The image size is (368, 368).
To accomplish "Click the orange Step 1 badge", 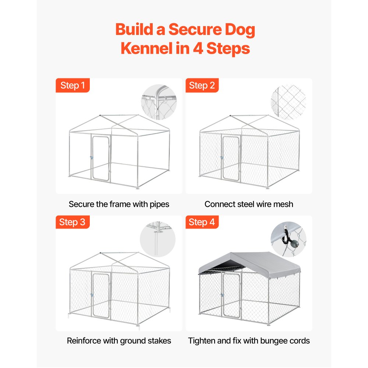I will click(x=72, y=85).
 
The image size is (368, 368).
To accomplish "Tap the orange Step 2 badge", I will click(x=202, y=85).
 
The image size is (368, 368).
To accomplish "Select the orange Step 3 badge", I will click(x=72, y=222).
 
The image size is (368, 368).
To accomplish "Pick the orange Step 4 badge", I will click(x=202, y=222).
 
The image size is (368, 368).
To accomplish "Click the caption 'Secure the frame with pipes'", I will click(x=119, y=204).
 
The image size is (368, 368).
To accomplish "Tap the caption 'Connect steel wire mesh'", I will click(x=249, y=204).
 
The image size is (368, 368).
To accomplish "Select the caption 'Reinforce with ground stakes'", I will click(x=119, y=341).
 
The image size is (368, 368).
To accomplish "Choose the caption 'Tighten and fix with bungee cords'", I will click(x=249, y=341).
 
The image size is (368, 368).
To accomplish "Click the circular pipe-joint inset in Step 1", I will click(x=159, y=102).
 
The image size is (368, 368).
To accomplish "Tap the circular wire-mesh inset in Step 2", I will click(x=288, y=102).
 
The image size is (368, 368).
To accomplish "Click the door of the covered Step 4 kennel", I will click(x=231, y=296).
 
